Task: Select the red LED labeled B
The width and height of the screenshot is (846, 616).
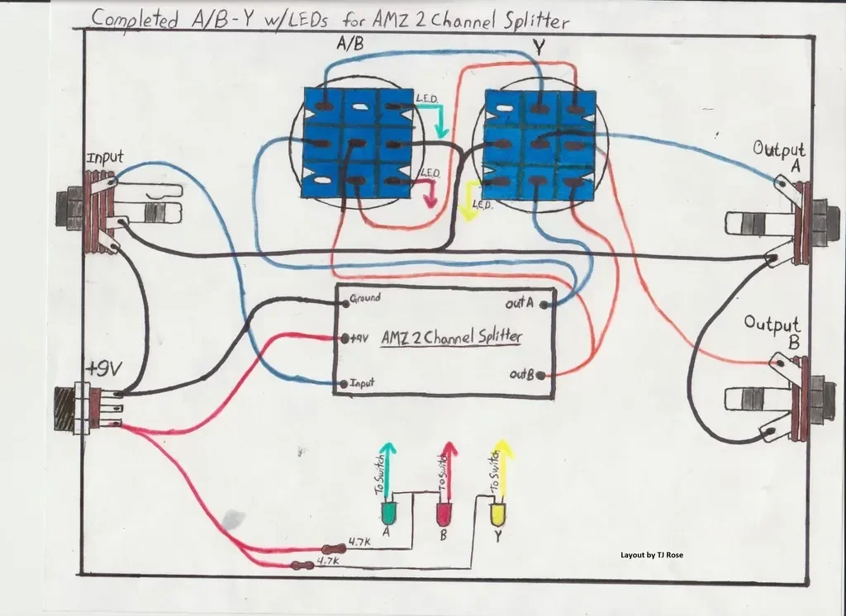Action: (444, 514)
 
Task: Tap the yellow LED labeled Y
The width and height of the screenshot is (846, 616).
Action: (497, 514)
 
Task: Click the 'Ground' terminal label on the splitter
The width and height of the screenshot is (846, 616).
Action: (365, 297)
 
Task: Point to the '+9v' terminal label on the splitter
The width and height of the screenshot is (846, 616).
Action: (357, 338)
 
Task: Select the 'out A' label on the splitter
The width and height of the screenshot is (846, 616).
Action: (520, 305)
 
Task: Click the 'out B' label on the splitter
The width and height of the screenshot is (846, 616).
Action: (521, 376)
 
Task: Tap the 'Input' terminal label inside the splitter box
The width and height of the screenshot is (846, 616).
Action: (362, 384)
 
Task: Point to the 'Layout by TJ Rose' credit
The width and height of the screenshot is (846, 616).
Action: (652, 555)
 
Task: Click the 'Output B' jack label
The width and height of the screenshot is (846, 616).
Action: (772, 330)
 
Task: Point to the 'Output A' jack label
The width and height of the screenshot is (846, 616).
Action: (778, 157)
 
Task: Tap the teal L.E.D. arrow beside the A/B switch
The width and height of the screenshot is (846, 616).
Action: (442, 121)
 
